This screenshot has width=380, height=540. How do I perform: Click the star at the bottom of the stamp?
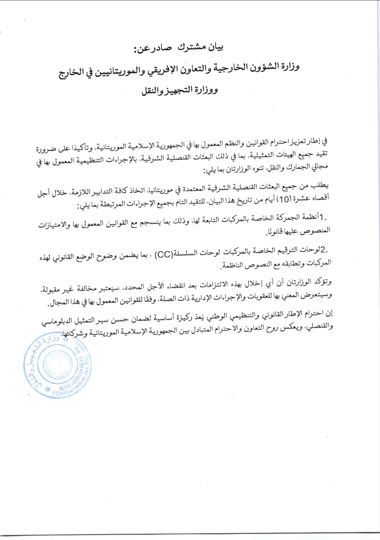[x=48, y=389]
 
